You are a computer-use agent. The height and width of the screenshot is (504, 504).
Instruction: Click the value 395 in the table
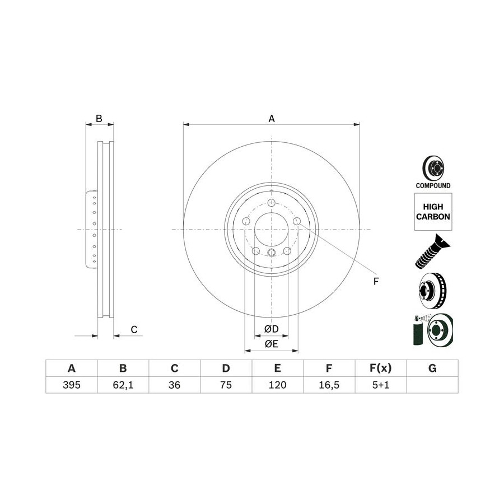click(71, 385)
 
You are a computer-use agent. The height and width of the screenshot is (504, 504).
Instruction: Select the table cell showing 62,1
click(123, 385)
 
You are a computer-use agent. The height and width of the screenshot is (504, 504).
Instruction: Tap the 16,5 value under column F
click(329, 385)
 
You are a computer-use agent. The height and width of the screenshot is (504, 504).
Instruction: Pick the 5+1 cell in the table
click(381, 385)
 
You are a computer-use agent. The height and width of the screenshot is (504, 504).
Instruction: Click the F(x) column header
click(381, 368)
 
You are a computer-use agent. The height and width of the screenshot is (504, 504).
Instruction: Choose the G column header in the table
click(432, 368)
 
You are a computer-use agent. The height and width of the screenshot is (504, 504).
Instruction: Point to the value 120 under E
click(277, 385)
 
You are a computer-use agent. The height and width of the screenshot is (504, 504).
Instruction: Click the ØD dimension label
click(272, 329)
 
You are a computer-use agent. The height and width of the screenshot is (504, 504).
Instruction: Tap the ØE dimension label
click(272, 344)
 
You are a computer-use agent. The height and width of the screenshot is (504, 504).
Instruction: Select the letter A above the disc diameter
click(272, 119)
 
